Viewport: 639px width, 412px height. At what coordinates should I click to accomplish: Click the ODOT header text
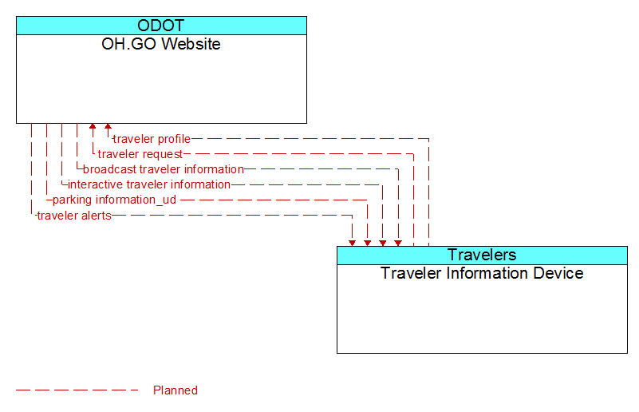(161, 26)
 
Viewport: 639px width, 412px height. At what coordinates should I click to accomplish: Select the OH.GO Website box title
(161, 44)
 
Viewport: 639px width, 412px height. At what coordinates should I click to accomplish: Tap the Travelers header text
(482, 255)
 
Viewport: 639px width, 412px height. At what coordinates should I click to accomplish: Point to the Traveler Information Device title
(482, 273)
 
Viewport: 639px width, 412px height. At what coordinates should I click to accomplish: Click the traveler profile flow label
(152, 139)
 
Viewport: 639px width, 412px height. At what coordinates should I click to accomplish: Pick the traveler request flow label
(140, 154)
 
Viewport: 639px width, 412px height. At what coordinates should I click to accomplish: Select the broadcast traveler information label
(164, 169)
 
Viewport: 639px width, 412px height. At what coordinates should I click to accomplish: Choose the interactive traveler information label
(149, 184)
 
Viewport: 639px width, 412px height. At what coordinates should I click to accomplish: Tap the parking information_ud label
(115, 200)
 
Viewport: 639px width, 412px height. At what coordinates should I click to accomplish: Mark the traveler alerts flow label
(74, 216)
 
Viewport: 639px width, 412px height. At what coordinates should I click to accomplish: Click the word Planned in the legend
(176, 390)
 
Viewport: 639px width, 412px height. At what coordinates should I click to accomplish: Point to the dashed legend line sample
(77, 390)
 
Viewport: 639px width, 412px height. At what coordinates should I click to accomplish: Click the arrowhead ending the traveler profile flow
(108, 126)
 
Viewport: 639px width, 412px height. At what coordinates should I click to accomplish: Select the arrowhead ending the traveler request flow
(93, 126)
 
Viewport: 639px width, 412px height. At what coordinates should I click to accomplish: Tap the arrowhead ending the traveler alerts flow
(352, 243)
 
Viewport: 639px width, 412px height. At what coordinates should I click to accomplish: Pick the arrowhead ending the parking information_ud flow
(368, 243)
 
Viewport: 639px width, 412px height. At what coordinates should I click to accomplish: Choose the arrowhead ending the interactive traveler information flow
(383, 243)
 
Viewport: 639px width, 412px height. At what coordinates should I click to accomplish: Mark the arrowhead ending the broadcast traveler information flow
(398, 243)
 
